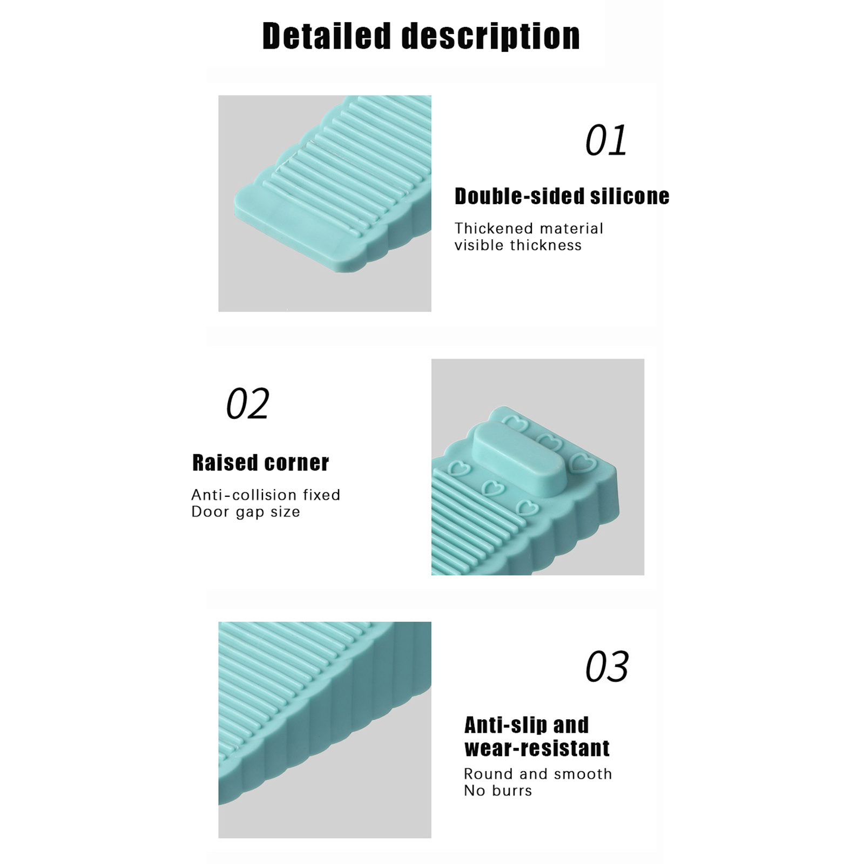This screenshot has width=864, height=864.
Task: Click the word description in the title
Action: (x=491, y=37)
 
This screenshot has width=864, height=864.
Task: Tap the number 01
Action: (x=606, y=140)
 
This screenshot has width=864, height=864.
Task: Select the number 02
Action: (x=247, y=403)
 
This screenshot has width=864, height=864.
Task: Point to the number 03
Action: (x=607, y=666)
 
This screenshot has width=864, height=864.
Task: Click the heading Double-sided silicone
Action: (x=562, y=196)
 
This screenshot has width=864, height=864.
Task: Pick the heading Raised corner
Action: (x=260, y=463)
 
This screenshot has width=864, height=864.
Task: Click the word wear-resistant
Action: (x=537, y=748)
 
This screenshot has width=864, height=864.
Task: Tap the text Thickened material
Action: (x=529, y=228)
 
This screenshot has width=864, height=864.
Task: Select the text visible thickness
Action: (x=518, y=245)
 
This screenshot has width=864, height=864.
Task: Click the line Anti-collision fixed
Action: (x=266, y=495)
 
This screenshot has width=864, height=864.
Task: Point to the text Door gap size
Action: (x=246, y=512)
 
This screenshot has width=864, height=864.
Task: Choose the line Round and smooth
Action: (x=538, y=774)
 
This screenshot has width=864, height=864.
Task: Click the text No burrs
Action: (x=498, y=791)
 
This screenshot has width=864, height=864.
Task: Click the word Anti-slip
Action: (x=501, y=725)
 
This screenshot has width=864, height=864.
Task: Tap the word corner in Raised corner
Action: (x=296, y=463)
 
